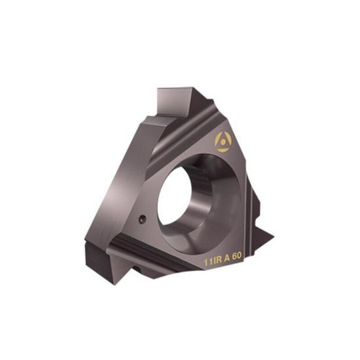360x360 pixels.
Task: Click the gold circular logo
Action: point(223,141)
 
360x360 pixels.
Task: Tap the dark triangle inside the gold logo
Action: point(223,141)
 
